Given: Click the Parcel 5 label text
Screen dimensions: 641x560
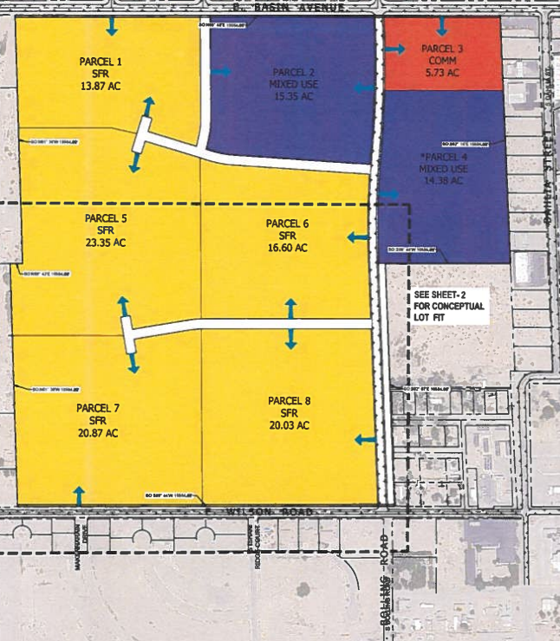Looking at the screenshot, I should coord(106,217).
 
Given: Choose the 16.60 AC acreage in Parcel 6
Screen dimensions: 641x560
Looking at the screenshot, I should coord(288,248).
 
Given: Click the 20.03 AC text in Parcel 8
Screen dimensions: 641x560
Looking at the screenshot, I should coord(289,424).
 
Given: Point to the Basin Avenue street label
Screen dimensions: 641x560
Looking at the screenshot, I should coord(286,7).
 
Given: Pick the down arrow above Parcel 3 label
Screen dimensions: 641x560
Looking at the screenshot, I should coord(442,26).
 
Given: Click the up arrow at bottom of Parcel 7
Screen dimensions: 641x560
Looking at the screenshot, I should coord(79,495).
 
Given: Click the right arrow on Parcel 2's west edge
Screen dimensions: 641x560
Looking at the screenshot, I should coord(221,71).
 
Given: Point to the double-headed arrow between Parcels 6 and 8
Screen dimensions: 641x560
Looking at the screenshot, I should coord(291,324).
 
